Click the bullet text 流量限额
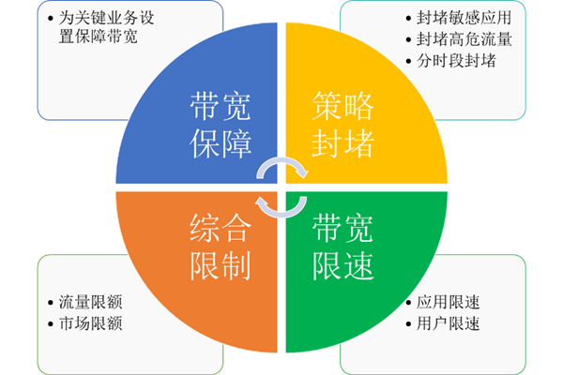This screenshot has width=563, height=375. click(x=89, y=303)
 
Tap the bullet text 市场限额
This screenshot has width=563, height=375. click(x=89, y=324)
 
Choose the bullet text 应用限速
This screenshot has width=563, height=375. click(x=449, y=303)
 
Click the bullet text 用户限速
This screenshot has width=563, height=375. click(x=449, y=324)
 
